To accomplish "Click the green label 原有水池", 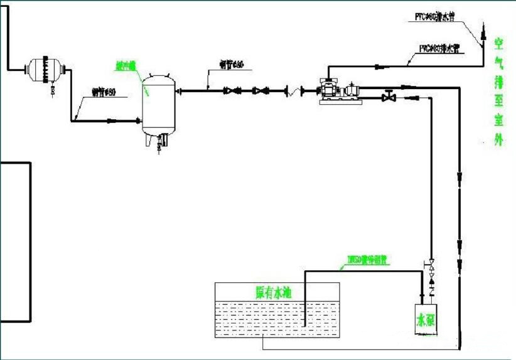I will [273, 292].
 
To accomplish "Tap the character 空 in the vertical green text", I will [499, 44].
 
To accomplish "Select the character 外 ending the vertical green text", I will [499, 140].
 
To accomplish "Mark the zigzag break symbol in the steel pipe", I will [290, 92].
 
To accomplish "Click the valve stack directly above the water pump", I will [431, 274].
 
